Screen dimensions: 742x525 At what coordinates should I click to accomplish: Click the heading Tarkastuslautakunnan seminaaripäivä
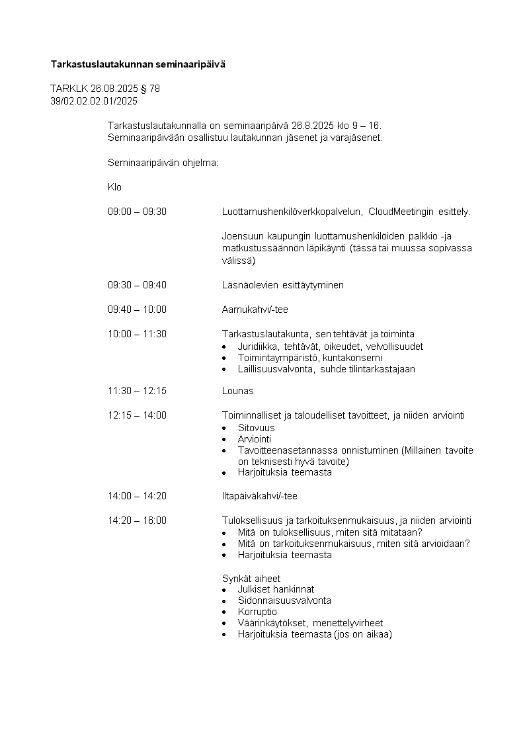coord(138,64)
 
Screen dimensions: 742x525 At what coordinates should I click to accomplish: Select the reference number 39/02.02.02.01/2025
coord(94,101)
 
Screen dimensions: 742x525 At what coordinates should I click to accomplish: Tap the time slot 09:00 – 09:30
coord(137,212)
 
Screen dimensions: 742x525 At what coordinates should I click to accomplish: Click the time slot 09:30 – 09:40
coord(137,285)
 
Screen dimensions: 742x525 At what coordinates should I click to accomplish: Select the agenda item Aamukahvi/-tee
coord(255,309)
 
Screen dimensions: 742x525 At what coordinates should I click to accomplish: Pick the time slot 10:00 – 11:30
coord(137,334)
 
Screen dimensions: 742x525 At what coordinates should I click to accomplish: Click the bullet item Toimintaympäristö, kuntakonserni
coord(309,358)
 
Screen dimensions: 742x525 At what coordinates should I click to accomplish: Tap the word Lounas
coord(237,391)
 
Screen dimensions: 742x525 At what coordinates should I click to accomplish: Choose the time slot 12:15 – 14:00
coord(137,415)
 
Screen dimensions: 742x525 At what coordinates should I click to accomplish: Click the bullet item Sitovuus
coord(256,428)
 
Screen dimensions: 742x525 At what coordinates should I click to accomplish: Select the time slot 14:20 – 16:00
coord(137,520)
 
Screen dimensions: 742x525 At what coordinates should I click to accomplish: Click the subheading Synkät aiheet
coord(251,578)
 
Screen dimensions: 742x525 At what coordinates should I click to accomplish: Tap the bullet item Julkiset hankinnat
coord(276,589)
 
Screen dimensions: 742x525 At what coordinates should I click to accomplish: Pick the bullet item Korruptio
coord(257,612)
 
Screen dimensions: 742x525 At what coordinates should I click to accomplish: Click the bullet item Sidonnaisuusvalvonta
coord(284,600)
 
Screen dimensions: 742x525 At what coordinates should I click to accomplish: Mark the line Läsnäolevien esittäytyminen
coord(282,285)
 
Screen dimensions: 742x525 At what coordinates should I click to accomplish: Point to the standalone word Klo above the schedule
coord(114,187)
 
